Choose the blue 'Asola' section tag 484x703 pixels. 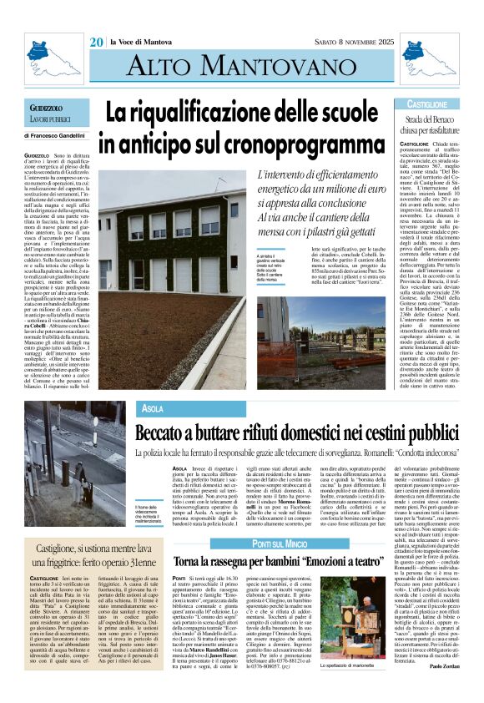(153, 408)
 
